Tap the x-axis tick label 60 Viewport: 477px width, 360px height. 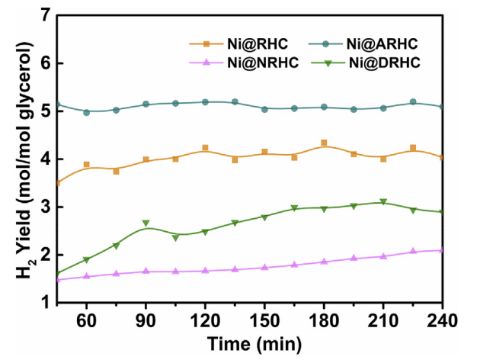click(87, 316)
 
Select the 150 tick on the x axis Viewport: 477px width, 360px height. click(264, 316)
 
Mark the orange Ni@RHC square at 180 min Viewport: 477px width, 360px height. click(324, 143)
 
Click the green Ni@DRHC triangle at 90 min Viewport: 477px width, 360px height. click(146, 223)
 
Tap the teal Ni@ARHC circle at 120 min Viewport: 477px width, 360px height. click(205, 101)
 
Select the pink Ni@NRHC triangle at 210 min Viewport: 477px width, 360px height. click(383, 256)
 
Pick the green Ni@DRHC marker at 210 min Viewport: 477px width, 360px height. click(383, 202)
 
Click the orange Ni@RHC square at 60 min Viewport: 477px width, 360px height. click(87, 165)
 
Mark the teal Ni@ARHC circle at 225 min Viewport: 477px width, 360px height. click(413, 101)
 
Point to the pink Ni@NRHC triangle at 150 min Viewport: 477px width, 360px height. click(264, 268)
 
